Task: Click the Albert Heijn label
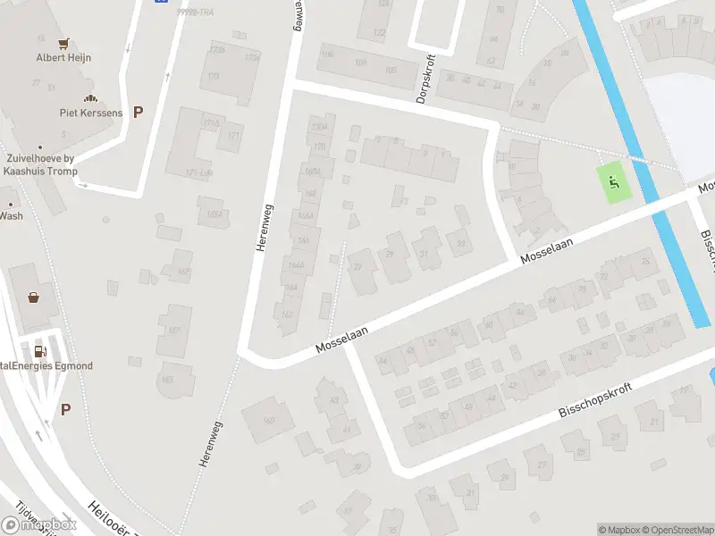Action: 63,58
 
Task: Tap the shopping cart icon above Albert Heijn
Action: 63,42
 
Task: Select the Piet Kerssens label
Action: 89,113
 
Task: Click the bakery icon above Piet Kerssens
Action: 89,97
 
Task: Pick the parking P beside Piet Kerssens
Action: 138,112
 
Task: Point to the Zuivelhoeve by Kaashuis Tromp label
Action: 39,165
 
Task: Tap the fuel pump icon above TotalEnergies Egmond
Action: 39,350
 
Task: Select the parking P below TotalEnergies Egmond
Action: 65,409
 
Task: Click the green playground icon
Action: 613,183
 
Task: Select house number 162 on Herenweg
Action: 286,314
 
